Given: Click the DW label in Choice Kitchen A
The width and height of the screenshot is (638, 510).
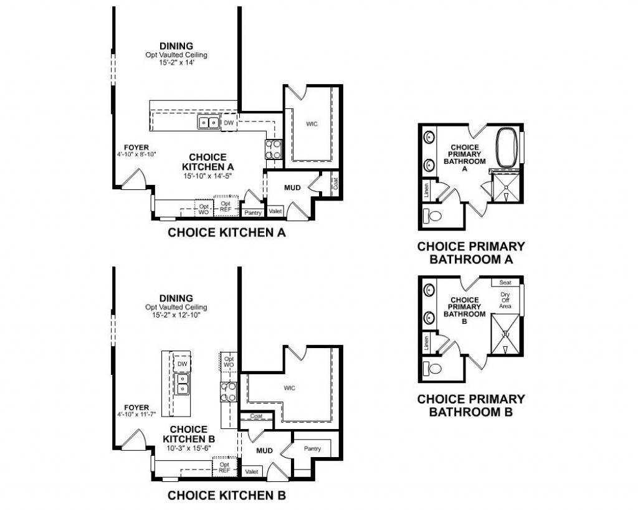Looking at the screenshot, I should click(x=229, y=123).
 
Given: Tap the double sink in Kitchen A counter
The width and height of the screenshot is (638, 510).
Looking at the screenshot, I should click(x=208, y=123).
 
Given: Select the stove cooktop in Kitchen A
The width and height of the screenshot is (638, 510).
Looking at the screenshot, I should click(x=274, y=148).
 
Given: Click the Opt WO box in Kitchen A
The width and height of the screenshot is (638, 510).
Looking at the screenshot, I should click(x=203, y=209).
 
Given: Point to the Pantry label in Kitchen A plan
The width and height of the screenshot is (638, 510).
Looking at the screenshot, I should click(x=253, y=213).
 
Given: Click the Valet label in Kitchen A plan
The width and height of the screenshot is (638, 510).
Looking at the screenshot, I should click(x=275, y=212).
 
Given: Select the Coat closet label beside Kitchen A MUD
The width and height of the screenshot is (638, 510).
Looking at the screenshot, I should click(x=335, y=183).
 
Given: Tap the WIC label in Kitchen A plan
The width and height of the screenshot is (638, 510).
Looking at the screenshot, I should click(x=312, y=124).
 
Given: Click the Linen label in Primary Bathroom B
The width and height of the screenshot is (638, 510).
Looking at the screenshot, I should click(x=427, y=342).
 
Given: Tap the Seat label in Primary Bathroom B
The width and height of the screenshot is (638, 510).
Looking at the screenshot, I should click(x=505, y=283).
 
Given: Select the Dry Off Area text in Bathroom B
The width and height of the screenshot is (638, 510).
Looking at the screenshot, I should click(x=505, y=300).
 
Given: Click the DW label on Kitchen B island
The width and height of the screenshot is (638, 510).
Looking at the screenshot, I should click(x=182, y=364).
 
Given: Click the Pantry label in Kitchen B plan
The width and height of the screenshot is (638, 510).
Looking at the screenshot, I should click(x=312, y=448).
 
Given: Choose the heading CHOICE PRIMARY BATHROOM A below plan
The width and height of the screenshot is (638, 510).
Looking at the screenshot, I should click(x=470, y=252).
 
